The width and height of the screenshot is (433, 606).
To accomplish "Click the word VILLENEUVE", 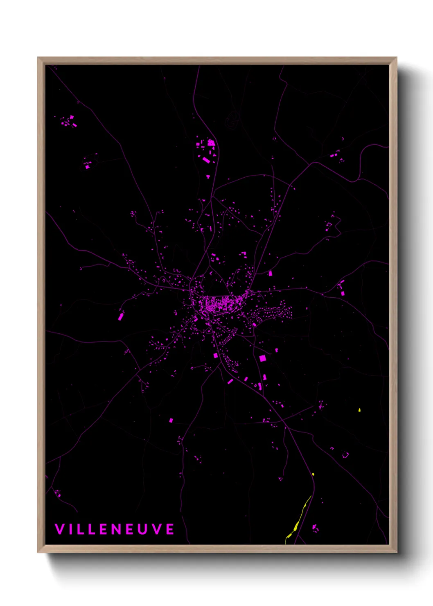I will (x=115, y=529).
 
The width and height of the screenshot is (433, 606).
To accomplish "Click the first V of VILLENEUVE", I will (x=60, y=529).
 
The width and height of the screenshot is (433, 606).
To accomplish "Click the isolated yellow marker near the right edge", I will (x=359, y=410).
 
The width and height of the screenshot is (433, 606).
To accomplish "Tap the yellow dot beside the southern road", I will (x=313, y=474).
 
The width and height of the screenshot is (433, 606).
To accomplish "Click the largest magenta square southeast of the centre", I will (x=262, y=358).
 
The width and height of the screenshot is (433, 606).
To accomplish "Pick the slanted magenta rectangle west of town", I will (x=121, y=316).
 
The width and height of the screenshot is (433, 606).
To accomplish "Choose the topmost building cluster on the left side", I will (x=68, y=121).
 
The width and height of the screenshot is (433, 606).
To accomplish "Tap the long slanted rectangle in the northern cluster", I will (x=206, y=160).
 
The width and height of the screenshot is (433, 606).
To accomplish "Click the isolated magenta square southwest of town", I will (x=171, y=420).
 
